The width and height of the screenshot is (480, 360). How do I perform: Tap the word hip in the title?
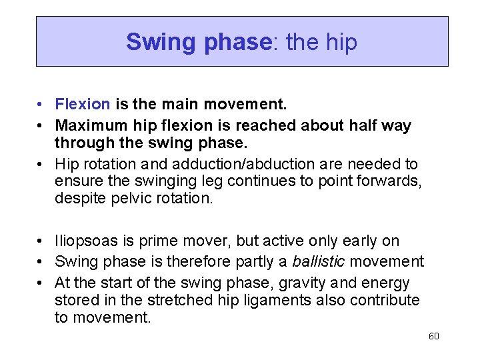point(341,43)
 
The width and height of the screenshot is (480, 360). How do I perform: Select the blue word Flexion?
point(83,105)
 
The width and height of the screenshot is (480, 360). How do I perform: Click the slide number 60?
point(434,336)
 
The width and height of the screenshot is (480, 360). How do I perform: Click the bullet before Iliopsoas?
point(41,241)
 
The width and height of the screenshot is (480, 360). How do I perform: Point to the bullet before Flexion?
point(41,105)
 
